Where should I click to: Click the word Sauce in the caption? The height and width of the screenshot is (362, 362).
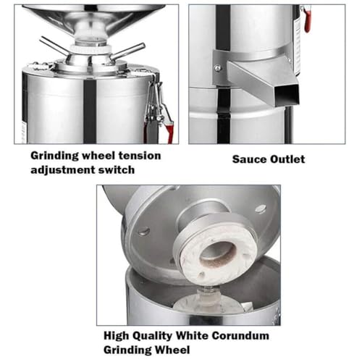click(249, 159)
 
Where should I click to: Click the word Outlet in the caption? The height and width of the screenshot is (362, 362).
click(287, 159)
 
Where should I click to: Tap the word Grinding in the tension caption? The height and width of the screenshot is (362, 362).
click(55, 156)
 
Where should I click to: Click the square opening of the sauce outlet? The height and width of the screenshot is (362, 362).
click(288, 95)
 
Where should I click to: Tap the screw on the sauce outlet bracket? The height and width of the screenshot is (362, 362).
click(218, 68)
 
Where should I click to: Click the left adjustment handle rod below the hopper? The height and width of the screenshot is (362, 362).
click(54, 46)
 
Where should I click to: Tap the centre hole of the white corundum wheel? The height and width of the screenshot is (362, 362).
click(218, 253)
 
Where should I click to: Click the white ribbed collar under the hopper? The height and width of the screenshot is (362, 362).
click(91, 48)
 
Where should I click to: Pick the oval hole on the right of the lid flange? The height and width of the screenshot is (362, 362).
click(261, 208)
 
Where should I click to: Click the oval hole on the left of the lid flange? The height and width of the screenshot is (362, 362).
click(143, 232)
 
